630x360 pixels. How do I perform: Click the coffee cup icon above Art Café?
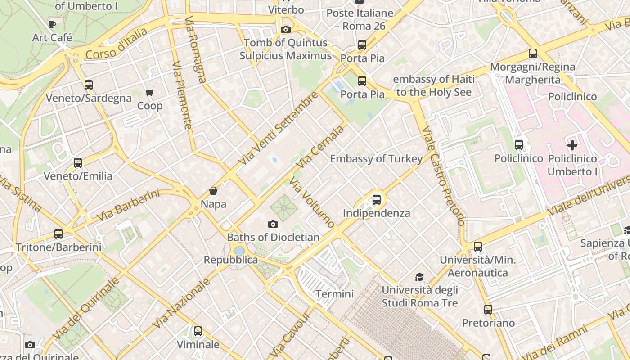click(x=52, y=24)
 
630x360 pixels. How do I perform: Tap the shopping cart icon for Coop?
click(x=149, y=93)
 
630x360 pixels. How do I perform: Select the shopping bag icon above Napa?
click(x=213, y=191)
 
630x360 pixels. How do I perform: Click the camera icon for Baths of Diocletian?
click(x=273, y=224)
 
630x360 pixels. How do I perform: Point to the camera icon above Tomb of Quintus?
click(x=285, y=30)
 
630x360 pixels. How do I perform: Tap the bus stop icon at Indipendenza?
click(x=377, y=199)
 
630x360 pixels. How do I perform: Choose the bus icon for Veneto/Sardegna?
click(x=89, y=85)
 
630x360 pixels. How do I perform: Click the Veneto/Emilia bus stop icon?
click(x=78, y=162)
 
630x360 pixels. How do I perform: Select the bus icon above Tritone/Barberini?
click(x=58, y=234)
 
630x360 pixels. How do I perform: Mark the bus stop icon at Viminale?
click(x=198, y=331)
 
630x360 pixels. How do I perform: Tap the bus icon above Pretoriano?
click(x=488, y=310)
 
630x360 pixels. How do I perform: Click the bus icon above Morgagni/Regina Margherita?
click(x=533, y=54)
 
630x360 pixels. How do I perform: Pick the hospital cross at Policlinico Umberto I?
click(x=572, y=145)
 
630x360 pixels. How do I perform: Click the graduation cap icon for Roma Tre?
click(x=419, y=277)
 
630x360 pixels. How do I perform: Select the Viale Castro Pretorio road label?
click(x=443, y=175)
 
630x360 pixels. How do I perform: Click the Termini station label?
click(x=334, y=294)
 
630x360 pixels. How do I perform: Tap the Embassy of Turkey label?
click(x=376, y=159)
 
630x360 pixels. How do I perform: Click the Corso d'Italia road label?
click(x=116, y=44)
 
